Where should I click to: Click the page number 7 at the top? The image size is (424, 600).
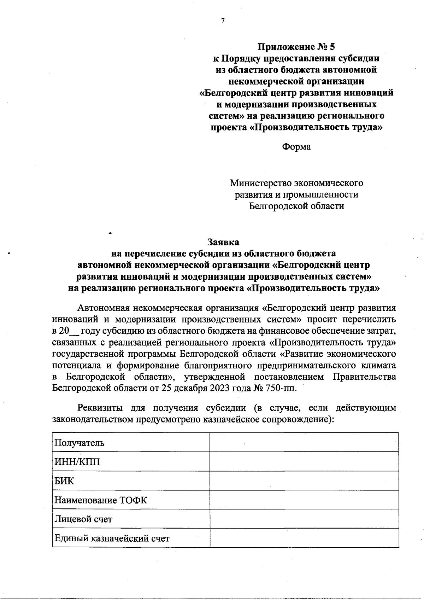[x=223, y=21]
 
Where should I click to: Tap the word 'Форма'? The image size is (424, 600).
[x=296, y=147]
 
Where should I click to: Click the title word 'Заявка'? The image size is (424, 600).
[x=223, y=242]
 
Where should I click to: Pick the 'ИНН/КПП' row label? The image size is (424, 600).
[x=77, y=462]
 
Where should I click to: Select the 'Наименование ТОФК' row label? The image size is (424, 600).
[x=101, y=500]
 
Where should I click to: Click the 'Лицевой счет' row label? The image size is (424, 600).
[x=83, y=519]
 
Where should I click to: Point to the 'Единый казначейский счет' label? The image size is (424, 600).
[x=112, y=538]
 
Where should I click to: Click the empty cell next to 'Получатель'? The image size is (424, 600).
[x=304, y=442]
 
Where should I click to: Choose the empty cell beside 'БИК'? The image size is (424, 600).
[x=304, y=481]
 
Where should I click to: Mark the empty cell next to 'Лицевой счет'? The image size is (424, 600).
[x=304, y=519]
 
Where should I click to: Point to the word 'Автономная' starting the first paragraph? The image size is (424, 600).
[x=102, y=308]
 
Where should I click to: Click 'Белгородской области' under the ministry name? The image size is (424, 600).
[x=296, y=206]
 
